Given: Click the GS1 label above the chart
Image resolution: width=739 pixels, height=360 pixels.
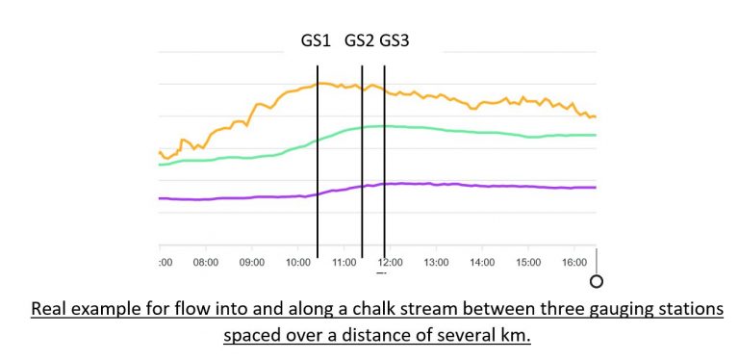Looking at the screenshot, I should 315,41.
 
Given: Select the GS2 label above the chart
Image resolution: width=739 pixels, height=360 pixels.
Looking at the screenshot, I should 360,41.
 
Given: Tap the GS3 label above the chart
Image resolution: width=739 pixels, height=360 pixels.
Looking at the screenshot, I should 395,41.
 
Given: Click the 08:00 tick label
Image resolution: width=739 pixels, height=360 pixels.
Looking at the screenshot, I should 206,261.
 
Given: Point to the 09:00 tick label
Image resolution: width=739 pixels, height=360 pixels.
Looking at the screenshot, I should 252,261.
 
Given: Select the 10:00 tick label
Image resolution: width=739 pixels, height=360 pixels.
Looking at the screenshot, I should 298,261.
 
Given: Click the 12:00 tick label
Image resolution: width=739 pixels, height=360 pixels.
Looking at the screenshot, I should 390,261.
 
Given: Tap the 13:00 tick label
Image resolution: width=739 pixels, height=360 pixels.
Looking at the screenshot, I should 436,261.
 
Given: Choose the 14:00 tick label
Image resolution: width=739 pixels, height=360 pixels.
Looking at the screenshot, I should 482,261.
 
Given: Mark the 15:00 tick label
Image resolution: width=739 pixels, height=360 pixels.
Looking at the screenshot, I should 528,261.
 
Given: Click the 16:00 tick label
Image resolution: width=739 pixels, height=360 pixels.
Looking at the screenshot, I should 573,261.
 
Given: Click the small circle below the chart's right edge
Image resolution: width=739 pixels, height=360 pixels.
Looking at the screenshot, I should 597,281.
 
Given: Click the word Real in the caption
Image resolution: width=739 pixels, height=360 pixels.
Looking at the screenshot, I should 50,310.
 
